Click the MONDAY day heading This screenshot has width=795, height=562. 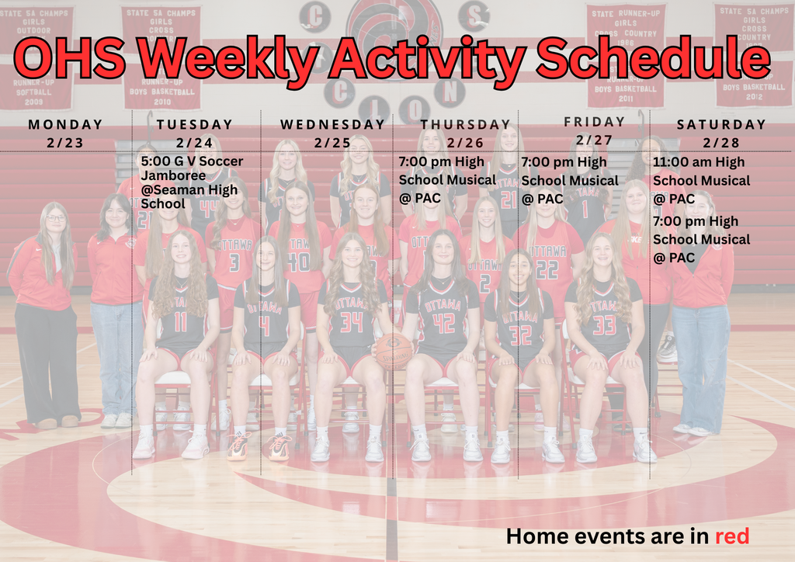click(x=65, y=124)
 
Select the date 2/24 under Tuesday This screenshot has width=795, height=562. click(x=194, y=142)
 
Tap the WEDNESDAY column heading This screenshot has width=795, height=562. click(x=332, y=124)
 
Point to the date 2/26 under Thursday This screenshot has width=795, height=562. click(x=465, y=142)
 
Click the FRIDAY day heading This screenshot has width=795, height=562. click(x=594, y=122)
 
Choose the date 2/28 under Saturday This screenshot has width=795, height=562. click(x=721, y=142)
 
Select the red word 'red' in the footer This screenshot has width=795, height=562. click(x=731, y=536)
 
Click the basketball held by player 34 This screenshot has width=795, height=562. click(x=394, y=349)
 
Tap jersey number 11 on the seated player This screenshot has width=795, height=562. click(x=180, y=321)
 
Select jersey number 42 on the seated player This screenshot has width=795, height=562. click(x=443, y=322)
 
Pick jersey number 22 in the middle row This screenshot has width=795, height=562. click(x=547, y=269)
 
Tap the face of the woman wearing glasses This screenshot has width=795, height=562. click(x=55, y=220)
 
